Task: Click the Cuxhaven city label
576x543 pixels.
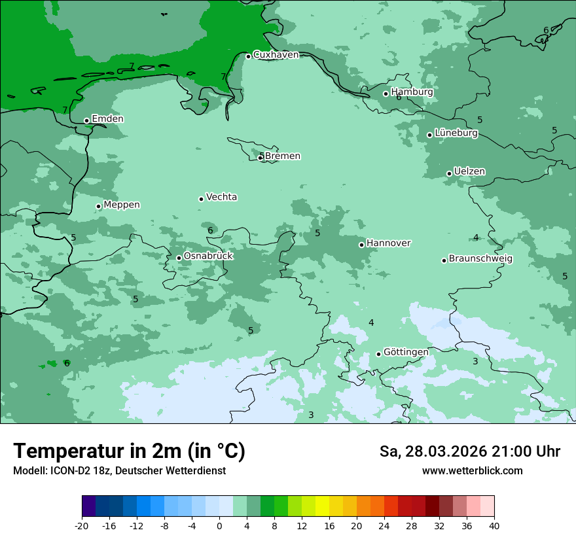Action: (276, 55)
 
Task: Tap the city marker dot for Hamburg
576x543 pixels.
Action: (386, 94)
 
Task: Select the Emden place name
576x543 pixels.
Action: (107, 119)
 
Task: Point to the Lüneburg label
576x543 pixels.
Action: (456, 133)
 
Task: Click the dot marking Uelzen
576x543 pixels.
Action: (449, 173)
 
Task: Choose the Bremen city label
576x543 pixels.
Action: (282, 156)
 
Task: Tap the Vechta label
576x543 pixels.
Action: (221, 197)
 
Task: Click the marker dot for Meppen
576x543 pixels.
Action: (98, 206)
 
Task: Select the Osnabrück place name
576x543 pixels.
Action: (208, 256)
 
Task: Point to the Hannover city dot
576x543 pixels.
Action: (361, 245)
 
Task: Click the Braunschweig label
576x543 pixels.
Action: (480, 259)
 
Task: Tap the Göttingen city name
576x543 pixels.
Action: (406, 352)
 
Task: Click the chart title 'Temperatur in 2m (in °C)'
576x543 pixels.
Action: (129, 451)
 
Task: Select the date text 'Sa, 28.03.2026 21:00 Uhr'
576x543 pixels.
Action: (469, 451)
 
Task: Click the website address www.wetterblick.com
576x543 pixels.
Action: (472, 471)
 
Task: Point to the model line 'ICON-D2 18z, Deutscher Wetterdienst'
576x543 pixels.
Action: (119, 471)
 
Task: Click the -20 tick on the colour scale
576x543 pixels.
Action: (82, 526)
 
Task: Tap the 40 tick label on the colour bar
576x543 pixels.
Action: (494, 526)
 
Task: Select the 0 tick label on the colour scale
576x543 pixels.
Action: (219, 526)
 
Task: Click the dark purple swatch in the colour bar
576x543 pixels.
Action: (88, 506)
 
